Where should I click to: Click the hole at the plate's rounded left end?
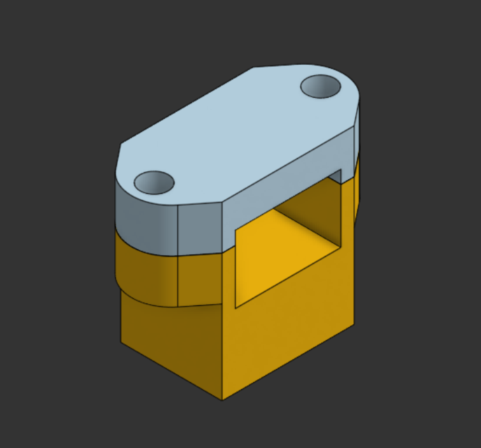point(154,183)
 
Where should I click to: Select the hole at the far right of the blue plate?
point(321,87)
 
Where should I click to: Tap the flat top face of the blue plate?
point(238,133)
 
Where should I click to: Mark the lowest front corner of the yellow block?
point(222,400)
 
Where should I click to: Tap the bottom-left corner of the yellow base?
point(122,342)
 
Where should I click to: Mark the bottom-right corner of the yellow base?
point(352,324)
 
